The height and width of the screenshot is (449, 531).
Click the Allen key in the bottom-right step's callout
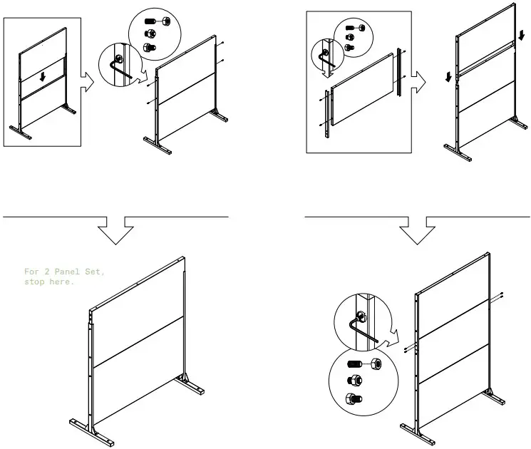(x=363, y=331)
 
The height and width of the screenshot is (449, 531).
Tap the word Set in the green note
(x=96, y=272)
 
